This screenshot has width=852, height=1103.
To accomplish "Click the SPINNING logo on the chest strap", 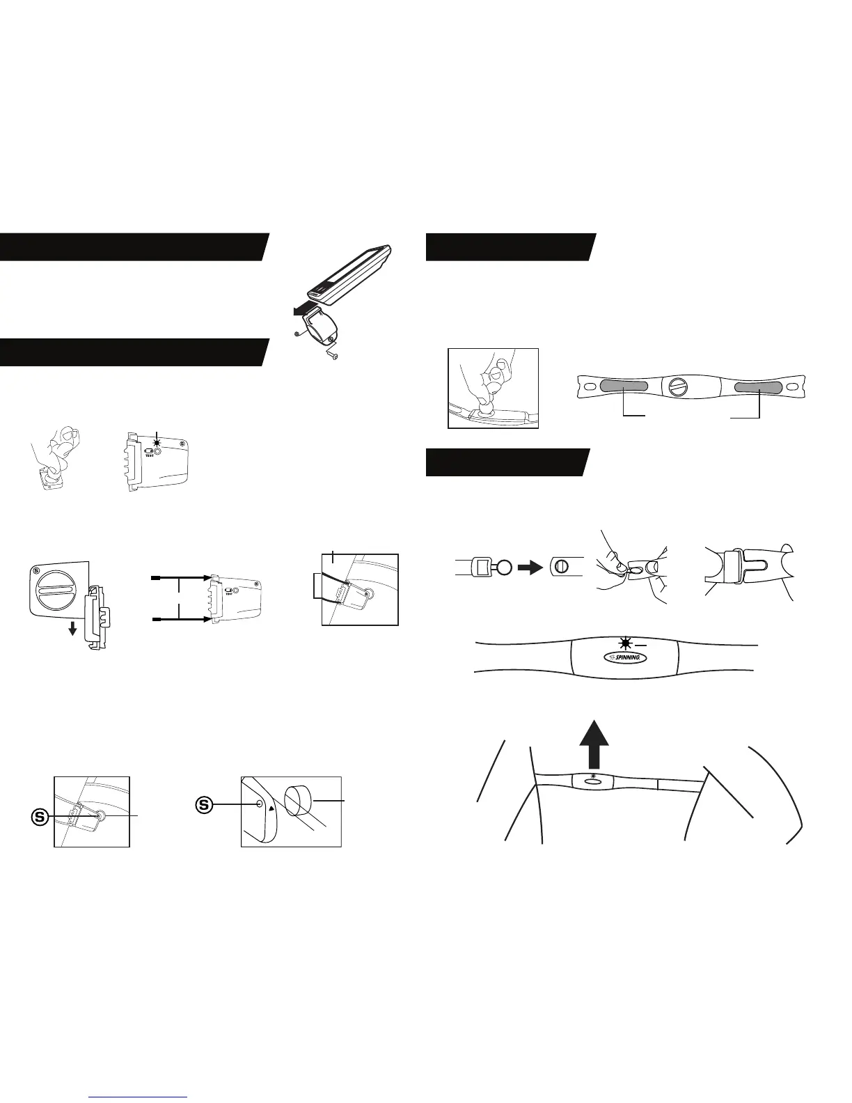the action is click(x=621, y=657).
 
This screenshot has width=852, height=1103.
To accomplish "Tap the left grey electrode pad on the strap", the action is click(x=624, y=386).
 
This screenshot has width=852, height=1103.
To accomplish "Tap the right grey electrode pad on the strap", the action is click(x=758, y=386).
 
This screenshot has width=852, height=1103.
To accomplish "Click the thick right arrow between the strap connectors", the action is click(x=530, y=566).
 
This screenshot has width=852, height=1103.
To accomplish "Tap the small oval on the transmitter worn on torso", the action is click(x=594, y=781).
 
